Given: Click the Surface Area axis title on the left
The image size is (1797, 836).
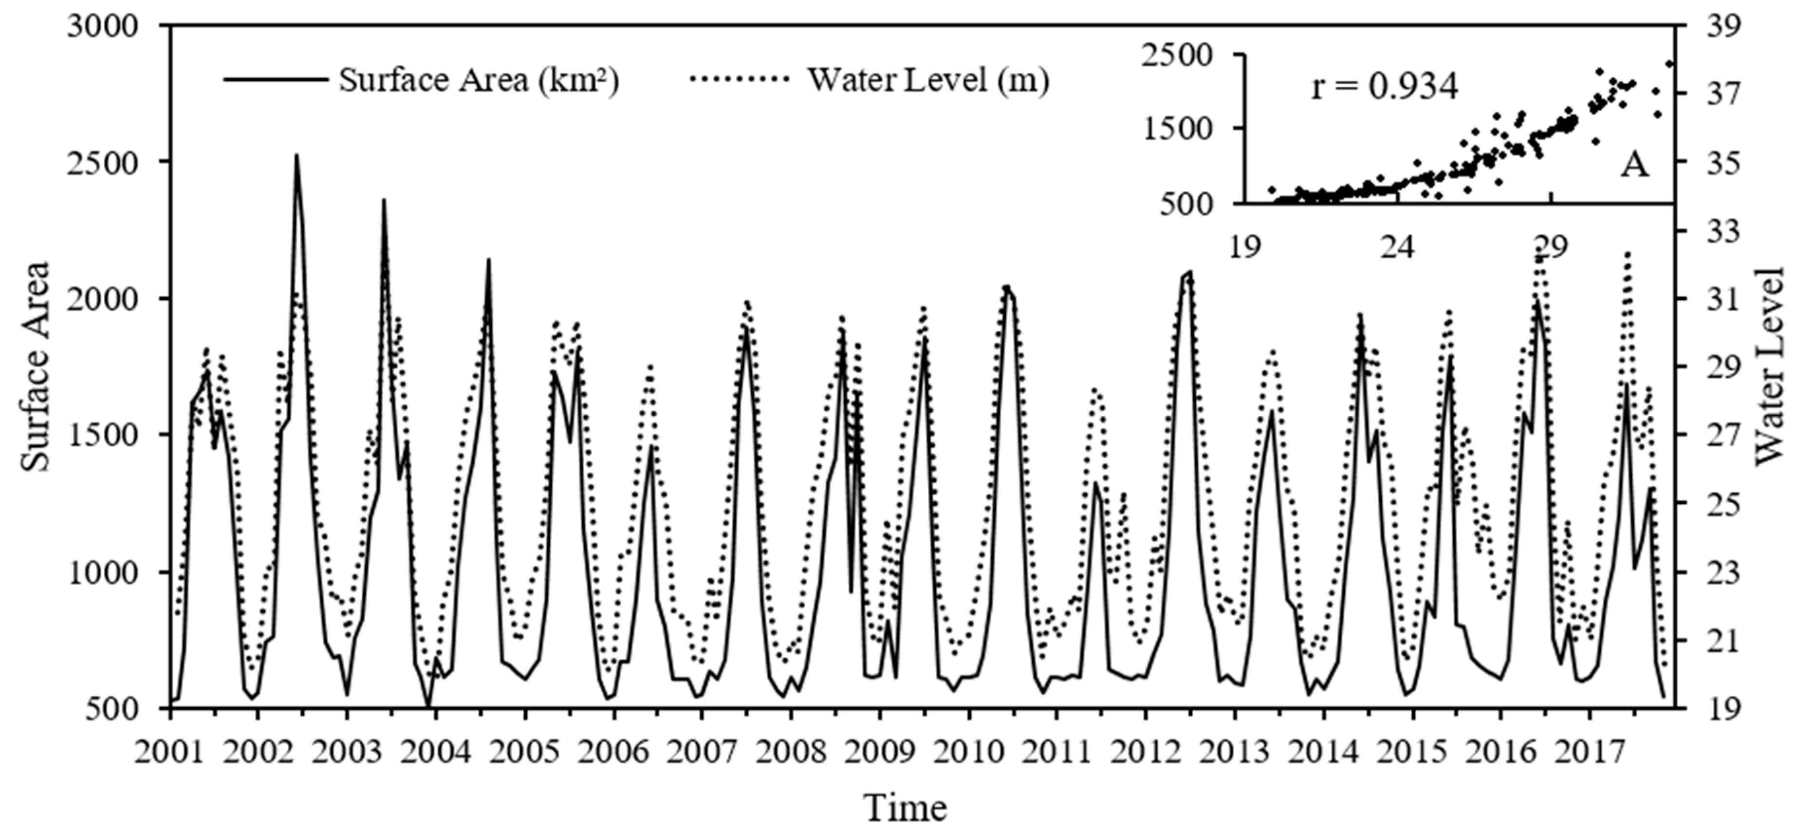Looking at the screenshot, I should pyautogui.click(x=35, y=366).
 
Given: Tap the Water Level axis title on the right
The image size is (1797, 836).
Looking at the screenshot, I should pyautogui.click(x=1768, y=366).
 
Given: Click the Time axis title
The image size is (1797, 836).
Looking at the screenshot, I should pyautogui.click(x=906, y=808).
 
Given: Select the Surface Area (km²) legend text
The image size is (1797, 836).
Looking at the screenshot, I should pyautogui.click(x=479, y=80).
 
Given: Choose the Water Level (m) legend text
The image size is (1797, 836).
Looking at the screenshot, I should pyautogui.click(x=928, y=80).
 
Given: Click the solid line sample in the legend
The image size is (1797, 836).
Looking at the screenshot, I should pyautogui.click(x=276, y=79).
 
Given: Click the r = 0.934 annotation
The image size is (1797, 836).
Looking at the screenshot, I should pyautogui.click(x=1384, y=89).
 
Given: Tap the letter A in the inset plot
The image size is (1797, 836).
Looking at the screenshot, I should pyautogui.click(x=1634, y=166).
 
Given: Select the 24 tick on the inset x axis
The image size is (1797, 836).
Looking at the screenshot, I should pyautogui.click(x=1397, y=247).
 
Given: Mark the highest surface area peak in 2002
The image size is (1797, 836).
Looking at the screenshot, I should pyautogui.click(x=296, y=155).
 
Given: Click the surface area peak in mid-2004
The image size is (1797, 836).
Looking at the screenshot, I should pyautogui.click(x=488, y=260).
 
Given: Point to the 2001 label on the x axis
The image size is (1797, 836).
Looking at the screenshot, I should pyautogui.click(x=169, y=752).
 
